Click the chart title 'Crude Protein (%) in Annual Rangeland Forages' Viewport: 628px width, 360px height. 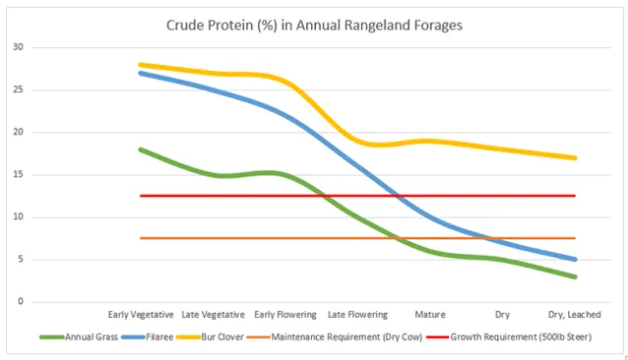point(314,25)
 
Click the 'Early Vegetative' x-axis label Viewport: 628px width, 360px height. point(140,315)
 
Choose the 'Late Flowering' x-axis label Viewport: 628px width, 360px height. point(357,315)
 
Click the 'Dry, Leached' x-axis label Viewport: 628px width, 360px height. point(574,315)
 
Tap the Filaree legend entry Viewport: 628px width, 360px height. point(156,336)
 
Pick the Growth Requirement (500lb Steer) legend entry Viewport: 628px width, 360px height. point(511,336)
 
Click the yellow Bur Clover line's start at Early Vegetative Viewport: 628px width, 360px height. point(140,65)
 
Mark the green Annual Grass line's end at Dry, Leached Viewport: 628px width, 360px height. point(575,277)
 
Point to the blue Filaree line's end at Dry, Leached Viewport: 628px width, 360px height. point(575,260)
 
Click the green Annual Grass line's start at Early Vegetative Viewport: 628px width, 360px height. point(140,149)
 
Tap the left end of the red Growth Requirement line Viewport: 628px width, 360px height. point(140,196)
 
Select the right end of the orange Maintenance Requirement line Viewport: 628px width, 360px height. point(575,238)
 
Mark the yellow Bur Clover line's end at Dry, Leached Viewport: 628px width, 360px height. point(575,158)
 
